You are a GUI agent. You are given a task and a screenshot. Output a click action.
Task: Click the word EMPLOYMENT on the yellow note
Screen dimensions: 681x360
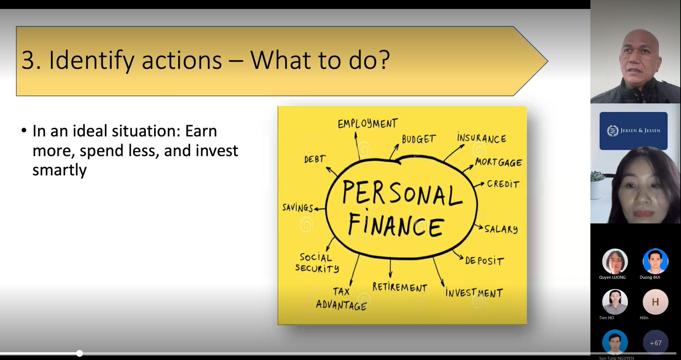pyautogui.click(x=368, y=123)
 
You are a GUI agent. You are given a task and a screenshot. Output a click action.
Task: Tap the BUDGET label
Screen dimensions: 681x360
pyautogui.click(x=419, y=139)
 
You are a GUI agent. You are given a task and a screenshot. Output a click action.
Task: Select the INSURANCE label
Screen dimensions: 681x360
pyautogui.click(x=481, y=138)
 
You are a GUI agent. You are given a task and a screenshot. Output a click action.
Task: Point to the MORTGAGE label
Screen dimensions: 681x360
pyautogui.click(x=498, y=162)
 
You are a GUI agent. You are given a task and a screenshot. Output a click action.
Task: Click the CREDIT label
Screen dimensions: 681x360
pyautogui.click(x=503, y=184)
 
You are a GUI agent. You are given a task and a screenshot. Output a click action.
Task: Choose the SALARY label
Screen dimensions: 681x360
pyautogui.click(x=501, y=229)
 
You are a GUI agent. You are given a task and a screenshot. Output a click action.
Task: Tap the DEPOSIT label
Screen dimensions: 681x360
pyautogui.click(x=484, y=261)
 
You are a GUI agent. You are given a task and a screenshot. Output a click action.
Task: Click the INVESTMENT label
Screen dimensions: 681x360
pyautogui.click(x=474, y=293)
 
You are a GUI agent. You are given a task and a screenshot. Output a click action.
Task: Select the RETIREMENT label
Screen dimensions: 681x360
pyautogui.click(x=400, y=287)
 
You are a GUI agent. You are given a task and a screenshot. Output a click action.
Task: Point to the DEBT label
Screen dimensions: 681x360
pyautogui.click(x=315, y=159)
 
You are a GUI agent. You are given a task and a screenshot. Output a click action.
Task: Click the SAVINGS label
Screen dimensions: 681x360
pyautogui.click(x=298, y=208)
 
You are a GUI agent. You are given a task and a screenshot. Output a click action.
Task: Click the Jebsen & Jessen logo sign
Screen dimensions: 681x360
pyautogui.click(x=633, y=131)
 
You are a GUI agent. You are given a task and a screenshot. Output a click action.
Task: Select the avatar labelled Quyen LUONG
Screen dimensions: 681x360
pyautogui.click(x=615, y=261)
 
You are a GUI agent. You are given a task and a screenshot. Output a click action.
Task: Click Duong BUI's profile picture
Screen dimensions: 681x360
pyautogui.click(x=655, y=261)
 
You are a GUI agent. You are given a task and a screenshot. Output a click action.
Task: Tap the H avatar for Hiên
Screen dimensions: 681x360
pyautogui.click(x=655, y=302)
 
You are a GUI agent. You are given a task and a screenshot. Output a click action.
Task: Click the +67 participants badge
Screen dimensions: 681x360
pyautogui.click(x=656, y=343)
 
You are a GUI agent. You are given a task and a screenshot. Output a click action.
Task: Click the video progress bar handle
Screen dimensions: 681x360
pyautogui.click(x=80, y=353)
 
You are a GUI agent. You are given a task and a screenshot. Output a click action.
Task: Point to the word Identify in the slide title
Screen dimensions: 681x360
pyautogui.click(x=92, y=60)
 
